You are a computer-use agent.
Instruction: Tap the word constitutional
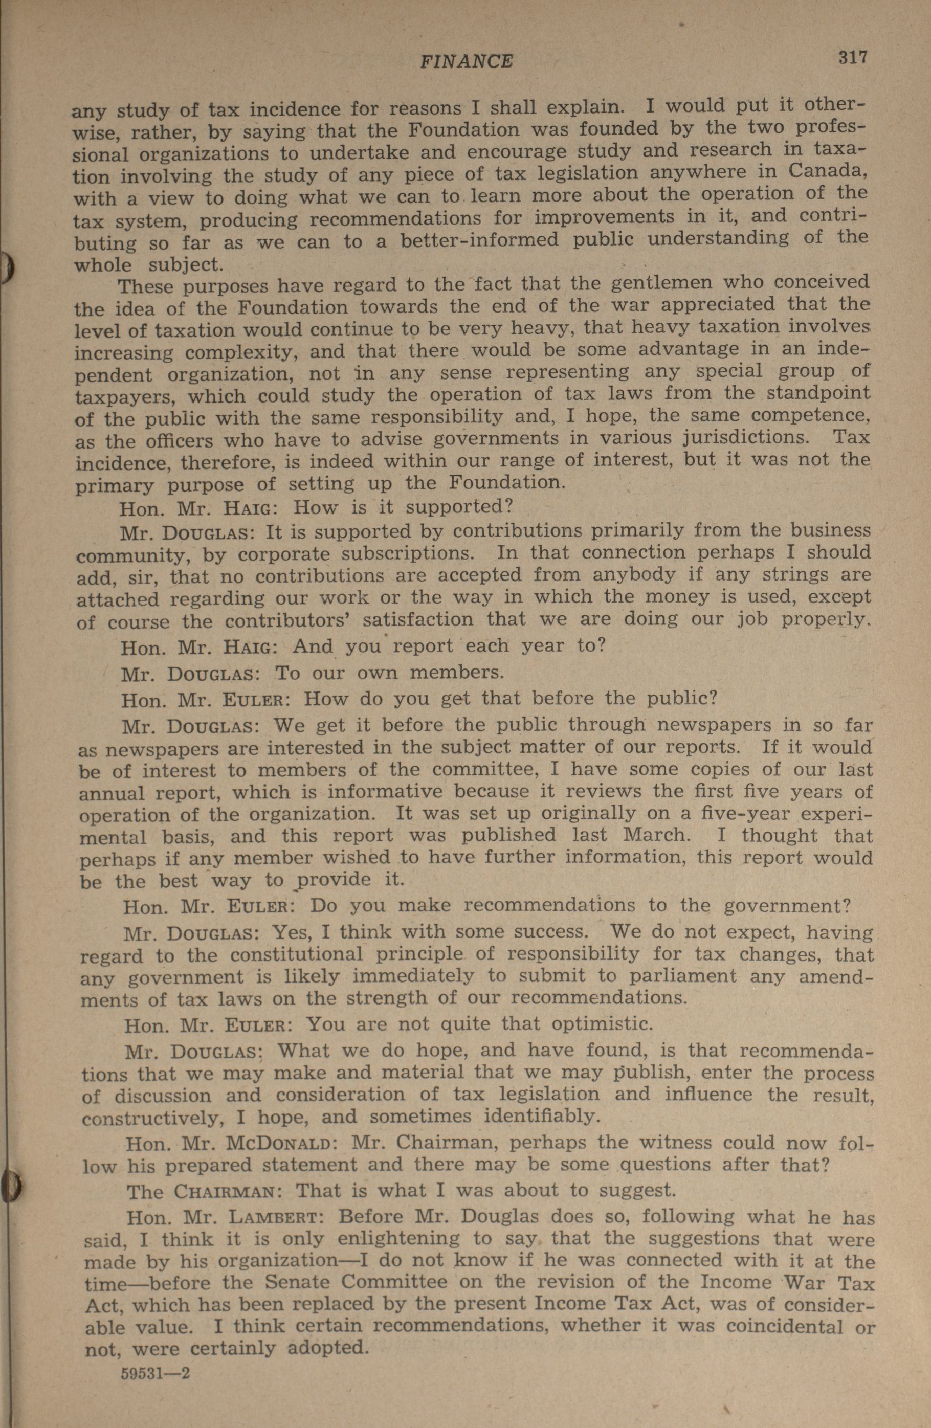(x=297, y=954)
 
